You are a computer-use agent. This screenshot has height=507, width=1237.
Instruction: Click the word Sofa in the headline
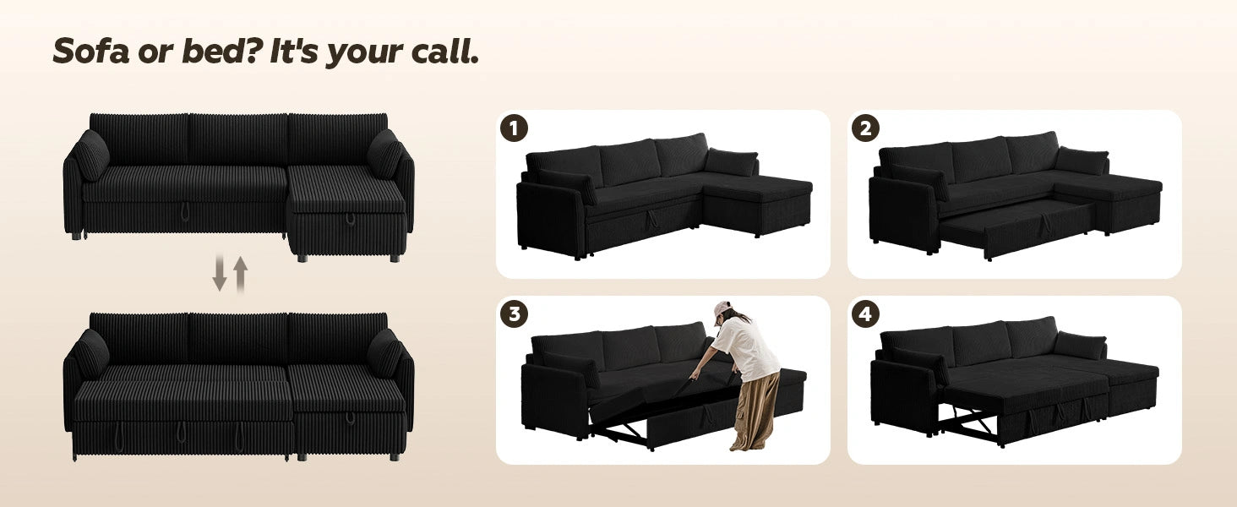point(90,51)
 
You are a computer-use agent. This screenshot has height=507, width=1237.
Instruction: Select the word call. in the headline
point(444,51)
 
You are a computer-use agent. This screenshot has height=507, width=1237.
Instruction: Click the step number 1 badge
point(514,128)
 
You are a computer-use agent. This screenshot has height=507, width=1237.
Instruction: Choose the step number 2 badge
point(865,128)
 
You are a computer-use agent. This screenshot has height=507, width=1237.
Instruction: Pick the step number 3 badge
point(514,313)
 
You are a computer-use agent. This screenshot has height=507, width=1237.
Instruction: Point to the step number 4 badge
point(865,313)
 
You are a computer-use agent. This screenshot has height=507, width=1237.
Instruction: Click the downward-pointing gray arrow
point(219,273)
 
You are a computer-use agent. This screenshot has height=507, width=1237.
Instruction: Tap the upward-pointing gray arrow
point(240,275)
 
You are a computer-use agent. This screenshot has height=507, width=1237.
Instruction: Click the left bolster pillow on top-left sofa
point(91,155)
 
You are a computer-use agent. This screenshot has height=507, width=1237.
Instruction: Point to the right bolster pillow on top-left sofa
point(385,154)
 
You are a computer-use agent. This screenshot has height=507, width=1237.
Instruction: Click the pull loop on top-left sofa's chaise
point(350,219)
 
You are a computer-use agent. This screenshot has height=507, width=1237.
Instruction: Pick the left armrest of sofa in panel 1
point(549,218)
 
